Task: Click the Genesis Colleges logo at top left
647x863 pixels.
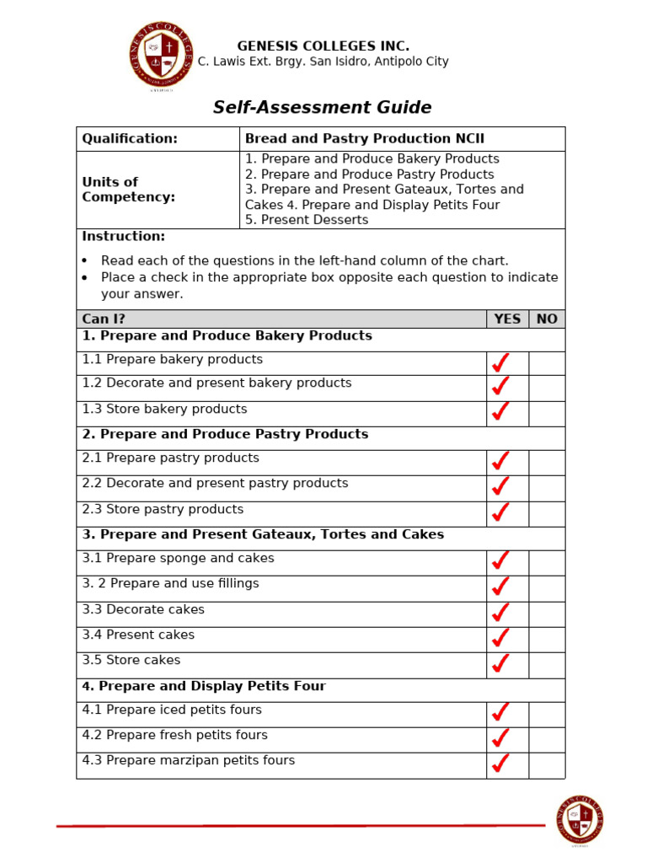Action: pos(160,56)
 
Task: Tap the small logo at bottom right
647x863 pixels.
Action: pos(580,819)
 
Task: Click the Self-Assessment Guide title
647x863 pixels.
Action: pos(322,108)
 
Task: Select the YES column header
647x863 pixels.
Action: pos(507,319)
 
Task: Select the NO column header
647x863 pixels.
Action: pos(547,319)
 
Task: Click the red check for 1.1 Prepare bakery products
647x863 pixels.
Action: pos(500,363)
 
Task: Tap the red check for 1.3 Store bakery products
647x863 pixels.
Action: pos(500,412)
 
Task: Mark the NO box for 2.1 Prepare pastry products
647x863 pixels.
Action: pos(547,462)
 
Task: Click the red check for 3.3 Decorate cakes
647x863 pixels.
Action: pos(500,613)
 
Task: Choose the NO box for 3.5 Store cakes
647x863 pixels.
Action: pos(547,664)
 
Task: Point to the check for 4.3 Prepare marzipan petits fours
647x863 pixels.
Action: pos(500,764)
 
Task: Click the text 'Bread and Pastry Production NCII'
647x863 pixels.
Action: pos(364,139)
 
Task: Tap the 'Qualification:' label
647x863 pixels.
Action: pos(130,139)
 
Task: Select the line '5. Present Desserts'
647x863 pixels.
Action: pos(307,220)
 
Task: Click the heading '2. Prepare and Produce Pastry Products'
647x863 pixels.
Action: pos(225,435)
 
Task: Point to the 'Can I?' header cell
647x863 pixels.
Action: pos(104,319)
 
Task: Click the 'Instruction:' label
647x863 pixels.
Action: pos(124,237)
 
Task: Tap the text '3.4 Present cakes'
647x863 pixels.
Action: pos(138,635)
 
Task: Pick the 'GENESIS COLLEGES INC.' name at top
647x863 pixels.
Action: pos(323,46)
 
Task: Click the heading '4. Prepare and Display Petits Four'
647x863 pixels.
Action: pos(204,687)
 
